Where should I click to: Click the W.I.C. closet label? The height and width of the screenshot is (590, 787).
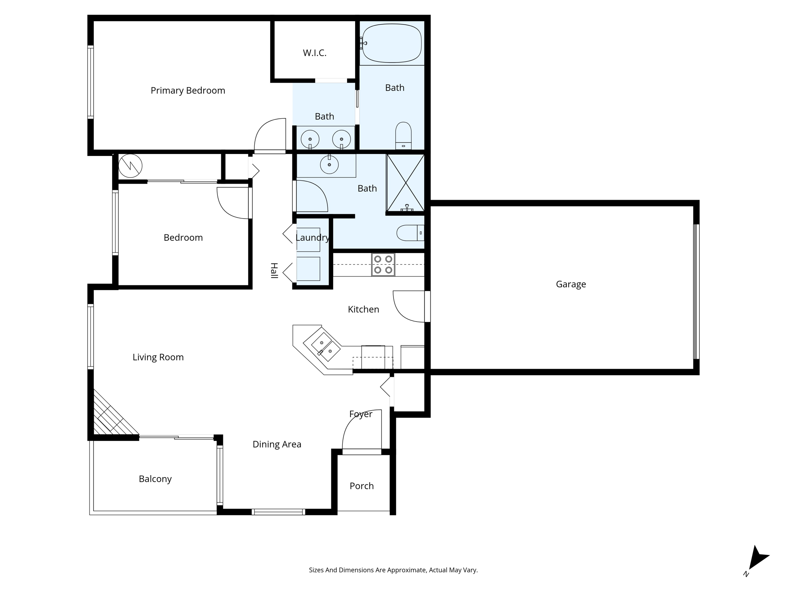point(314,53)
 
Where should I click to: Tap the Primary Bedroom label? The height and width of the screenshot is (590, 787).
point(188,91)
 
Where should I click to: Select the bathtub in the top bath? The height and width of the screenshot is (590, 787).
point(392,43)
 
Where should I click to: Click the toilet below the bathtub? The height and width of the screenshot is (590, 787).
point(403,136)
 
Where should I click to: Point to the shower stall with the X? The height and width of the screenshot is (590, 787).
point(405,183)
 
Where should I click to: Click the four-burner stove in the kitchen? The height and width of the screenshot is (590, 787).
point(383,264)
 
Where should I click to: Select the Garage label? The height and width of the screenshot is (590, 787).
point(571,284)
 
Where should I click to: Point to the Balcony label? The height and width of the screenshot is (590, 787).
point(155,479)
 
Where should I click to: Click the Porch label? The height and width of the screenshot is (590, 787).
point(361,486)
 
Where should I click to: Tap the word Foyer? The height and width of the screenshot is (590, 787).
point(360,414)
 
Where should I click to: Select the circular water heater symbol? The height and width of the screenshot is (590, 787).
point(130,166)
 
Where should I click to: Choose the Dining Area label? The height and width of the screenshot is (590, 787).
point(277,444)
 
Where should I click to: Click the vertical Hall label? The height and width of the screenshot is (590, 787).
point(274,271)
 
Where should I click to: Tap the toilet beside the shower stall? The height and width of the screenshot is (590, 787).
point(410,233)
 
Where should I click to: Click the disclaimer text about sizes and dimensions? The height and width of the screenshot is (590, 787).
point(393,570)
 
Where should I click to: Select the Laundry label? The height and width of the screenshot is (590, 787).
point(312,238)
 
